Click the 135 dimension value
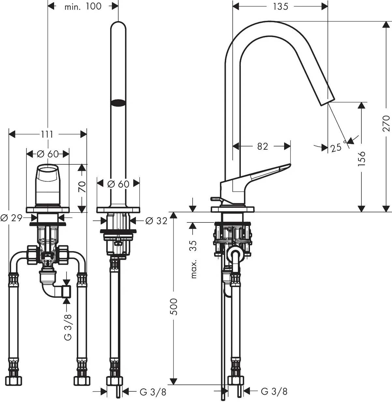tap(281, 6)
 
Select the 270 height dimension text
tap(386, 123)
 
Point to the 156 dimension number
tap(361, 158)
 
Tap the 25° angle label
tap(337, 147)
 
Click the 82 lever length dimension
tap(262, 146)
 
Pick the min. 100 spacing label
tap(83, 6)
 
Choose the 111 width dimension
tap(47, 134)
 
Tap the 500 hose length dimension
tap(174, 307)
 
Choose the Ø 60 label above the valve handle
tap(48, 154)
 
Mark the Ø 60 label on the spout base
tap(118, 184)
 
